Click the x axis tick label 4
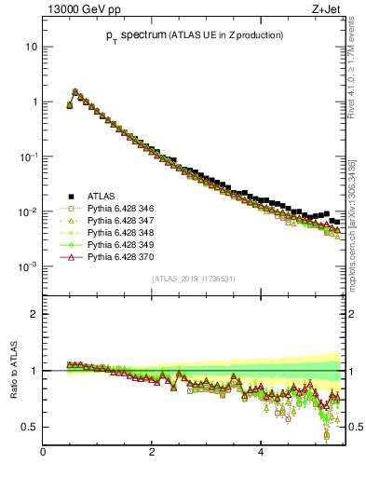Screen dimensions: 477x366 tap(262, 454)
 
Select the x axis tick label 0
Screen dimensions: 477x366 tap(43, 454)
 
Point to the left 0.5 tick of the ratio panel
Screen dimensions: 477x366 tap(30, 427)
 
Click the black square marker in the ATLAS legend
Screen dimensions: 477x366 tap(70, 196)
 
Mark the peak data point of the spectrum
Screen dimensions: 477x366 tap(75, 91)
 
